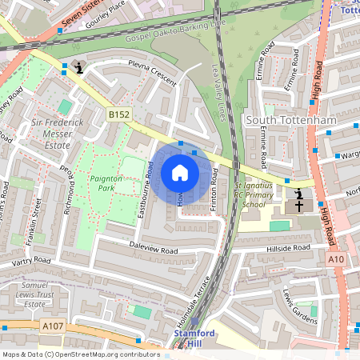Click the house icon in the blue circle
point(180,173)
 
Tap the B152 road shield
point(118,115)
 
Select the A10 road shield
point(337,259)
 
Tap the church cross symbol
point(299,206)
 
